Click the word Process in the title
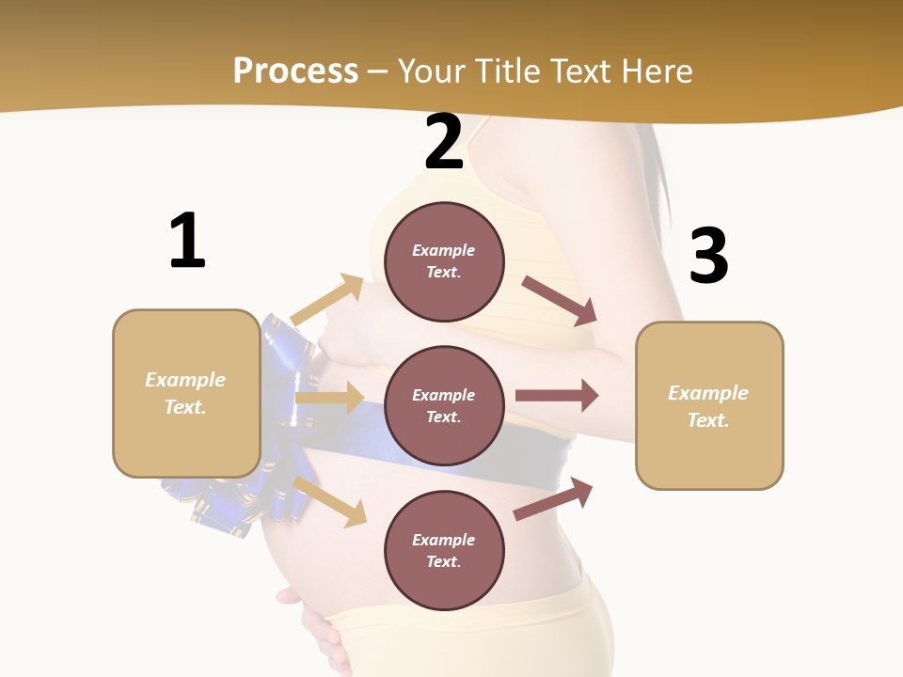tap(295, 71)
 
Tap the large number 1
tap(187, 242)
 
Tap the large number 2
tap(444, 143)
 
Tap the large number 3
tap(709, 256)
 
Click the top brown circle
tap(444, 261)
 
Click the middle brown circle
tap(444, 406)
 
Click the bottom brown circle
tap(444, 551)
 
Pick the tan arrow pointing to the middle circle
tap(329, 398)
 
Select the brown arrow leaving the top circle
tap(561, 301)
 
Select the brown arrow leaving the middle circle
tap(557, 395)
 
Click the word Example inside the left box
tap(185, 380)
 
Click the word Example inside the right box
tap(708, 393)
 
